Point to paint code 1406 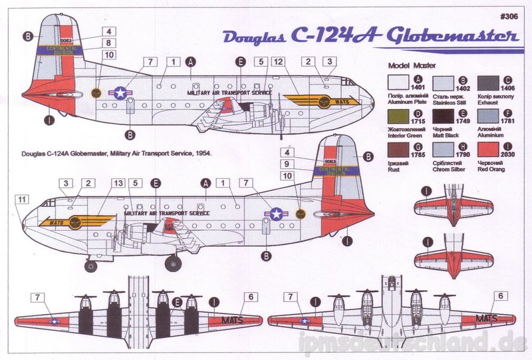[x=505, y=87]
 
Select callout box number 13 [x=119, y=182]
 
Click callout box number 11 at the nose [x=21, y=198]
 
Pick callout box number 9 [x=287, y=164]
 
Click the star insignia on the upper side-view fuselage [x=120, y=93]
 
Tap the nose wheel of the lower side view [x=92, y=266]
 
